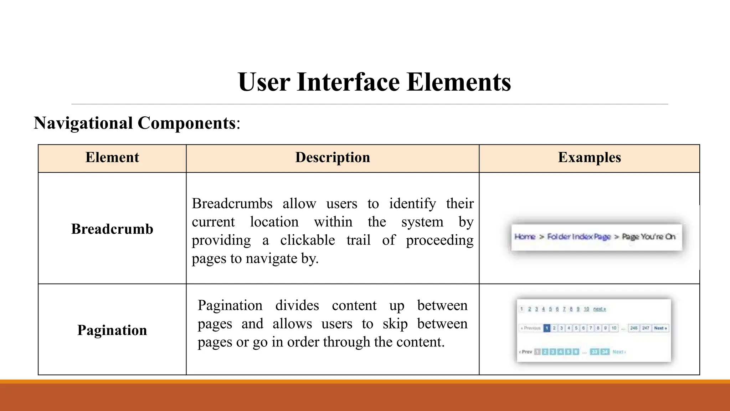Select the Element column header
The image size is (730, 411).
click(x=112, y=157)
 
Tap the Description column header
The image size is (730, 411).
click(x=333, y=157)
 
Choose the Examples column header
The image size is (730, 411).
click(x=589, y=157)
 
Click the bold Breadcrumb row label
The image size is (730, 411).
click(x=112, y=229)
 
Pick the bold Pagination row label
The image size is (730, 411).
click(x=112, y=330)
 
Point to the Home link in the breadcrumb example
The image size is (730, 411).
click(x=525, y=237)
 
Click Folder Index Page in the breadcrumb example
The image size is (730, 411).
click(x=579, y=237)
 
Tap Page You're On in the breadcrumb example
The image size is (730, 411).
click(x=648, y=237)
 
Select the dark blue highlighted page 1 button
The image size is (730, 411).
click(x=547, y=328)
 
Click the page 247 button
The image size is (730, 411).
click(x=646, y=328)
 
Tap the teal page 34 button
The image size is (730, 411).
click(x=605, y=352)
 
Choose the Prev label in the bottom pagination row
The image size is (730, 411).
click(x=526, y=352)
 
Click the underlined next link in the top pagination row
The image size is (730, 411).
click(x=600, y=309)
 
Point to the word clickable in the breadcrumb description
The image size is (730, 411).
click(x=307, y=240)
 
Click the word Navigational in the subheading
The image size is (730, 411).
click(x=83, y=123)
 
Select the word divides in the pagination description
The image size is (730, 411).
click(x=297, y=305)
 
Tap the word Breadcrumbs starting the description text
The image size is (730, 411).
click(x=232, y=204)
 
